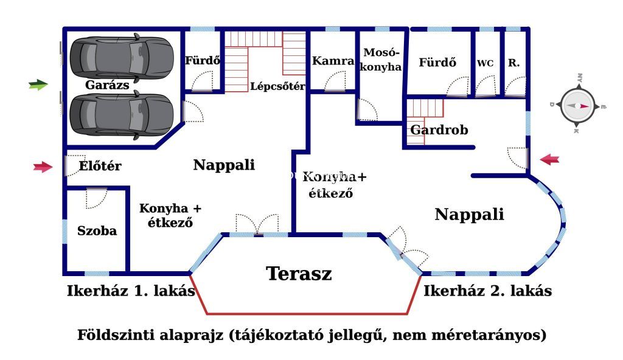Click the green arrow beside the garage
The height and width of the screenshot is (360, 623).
(38, 85)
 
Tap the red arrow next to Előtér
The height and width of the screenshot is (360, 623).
(43, 167)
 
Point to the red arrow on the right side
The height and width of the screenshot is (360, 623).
(549, 160)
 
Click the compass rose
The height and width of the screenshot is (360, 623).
(578, 106)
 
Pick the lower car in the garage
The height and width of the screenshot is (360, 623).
(122, 115)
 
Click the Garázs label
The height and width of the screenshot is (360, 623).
(107, 85)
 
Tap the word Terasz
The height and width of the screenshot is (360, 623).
(299, 274)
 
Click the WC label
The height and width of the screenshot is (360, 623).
(485, 63)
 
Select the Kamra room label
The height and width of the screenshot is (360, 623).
(333, 61)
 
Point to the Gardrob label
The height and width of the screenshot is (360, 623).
(439, 130)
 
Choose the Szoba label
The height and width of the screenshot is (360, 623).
(97, 231)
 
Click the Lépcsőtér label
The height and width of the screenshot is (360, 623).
(277, 86)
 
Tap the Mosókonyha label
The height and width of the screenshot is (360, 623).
(381, 60)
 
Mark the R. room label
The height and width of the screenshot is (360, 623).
(513, 63)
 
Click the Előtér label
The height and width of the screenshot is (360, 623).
(100, 165)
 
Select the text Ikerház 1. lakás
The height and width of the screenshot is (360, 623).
(131, 291)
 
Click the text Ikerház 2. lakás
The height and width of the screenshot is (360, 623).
(487, 291)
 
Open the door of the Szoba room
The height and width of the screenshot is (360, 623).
(97, 198)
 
